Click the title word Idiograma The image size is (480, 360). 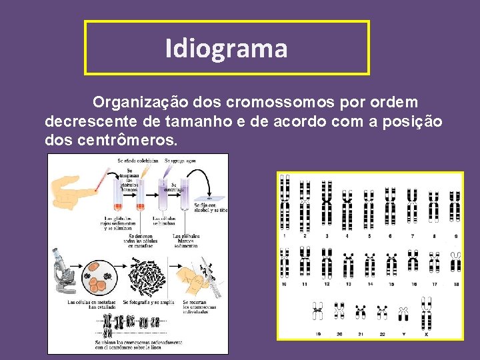(226, 48)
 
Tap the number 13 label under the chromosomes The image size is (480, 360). (348, 284)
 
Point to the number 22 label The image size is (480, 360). (381, 334)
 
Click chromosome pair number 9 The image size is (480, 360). (455, 207)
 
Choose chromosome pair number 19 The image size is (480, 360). (318, 311)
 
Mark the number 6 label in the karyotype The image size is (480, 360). (391, 236)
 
